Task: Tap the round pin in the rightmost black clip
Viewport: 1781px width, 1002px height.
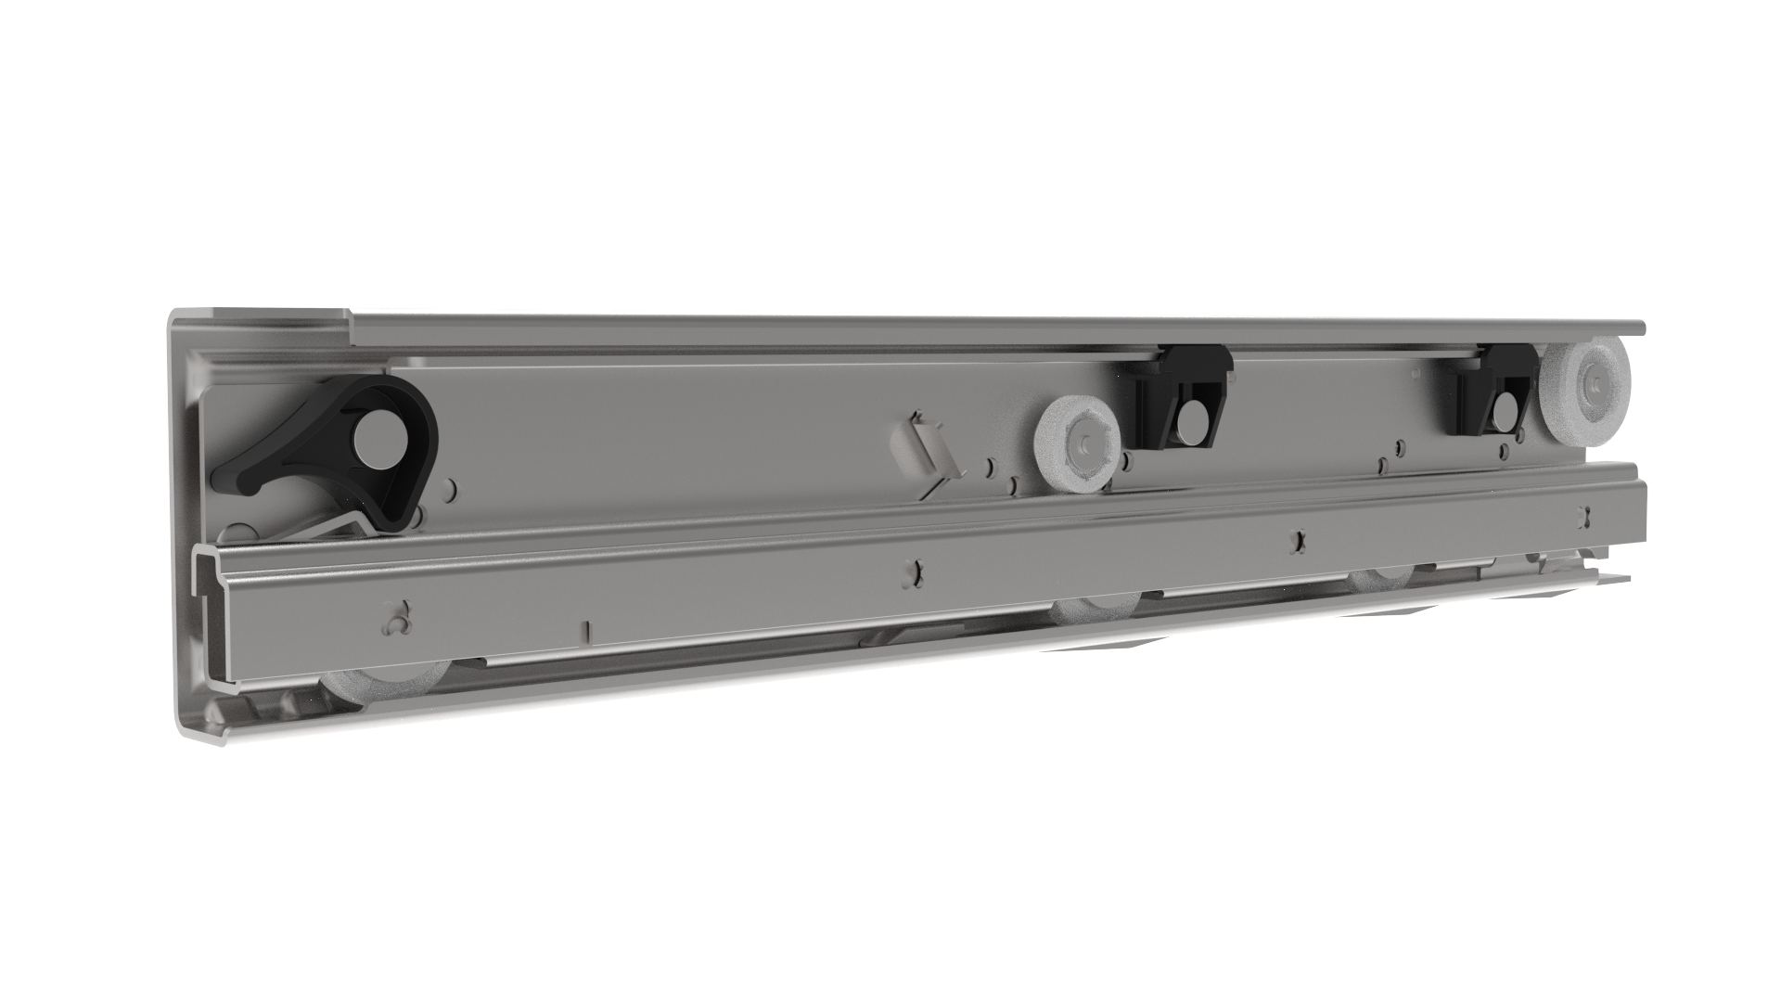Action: [x=1502, y=413]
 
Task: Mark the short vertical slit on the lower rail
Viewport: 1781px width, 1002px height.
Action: [x=586, y=632]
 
